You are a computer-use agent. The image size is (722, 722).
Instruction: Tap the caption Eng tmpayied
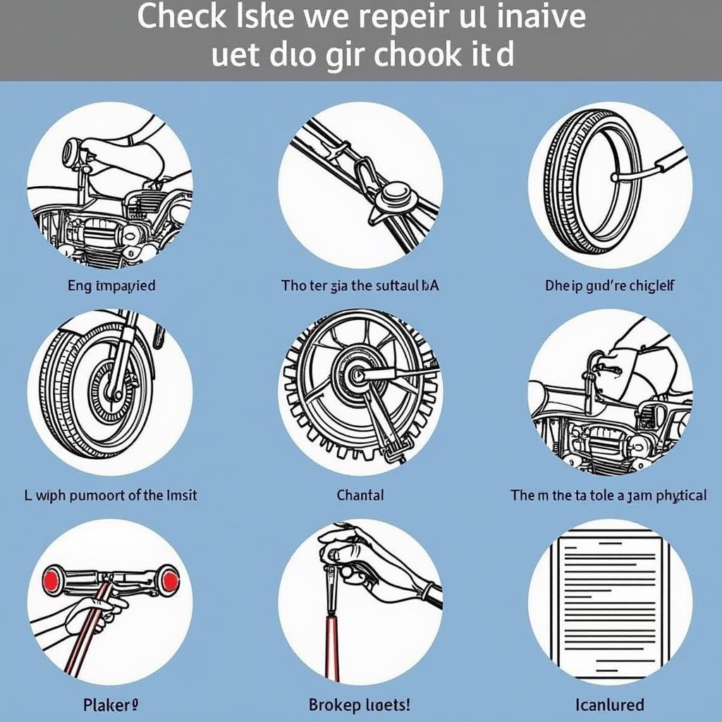111,286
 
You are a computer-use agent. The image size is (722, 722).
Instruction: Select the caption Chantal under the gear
360,495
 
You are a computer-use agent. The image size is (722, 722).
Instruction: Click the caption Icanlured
610,704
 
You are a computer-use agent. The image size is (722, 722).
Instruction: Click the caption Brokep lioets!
360,704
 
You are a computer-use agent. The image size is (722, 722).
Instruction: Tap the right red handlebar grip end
169,580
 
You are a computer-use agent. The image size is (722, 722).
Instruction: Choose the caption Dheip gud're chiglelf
610,286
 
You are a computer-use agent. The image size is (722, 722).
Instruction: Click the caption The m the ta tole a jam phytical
608,495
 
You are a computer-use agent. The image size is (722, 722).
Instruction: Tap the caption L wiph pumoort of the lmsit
111,495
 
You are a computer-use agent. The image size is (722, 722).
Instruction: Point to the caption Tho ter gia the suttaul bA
360,286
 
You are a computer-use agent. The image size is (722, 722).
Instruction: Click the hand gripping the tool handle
353,557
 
